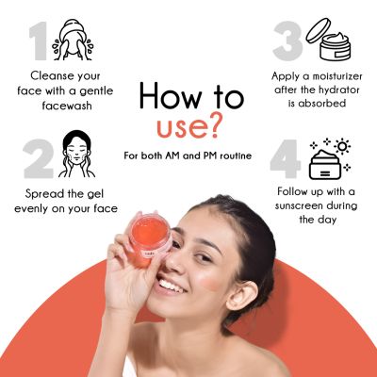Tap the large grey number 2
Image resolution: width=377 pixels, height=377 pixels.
pos(39,158)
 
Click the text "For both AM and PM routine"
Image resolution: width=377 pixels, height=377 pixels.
pos(188,153)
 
